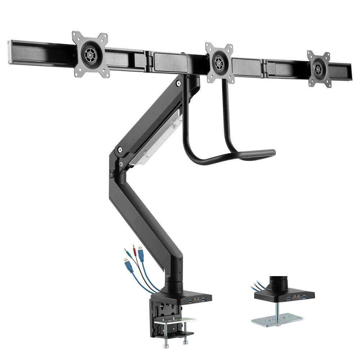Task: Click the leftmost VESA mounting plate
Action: [x=90, y=55]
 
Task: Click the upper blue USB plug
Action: [x=141, y=254]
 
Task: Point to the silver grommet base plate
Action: [x=277, y=320]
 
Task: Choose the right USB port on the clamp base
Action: [x=203, y=299]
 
